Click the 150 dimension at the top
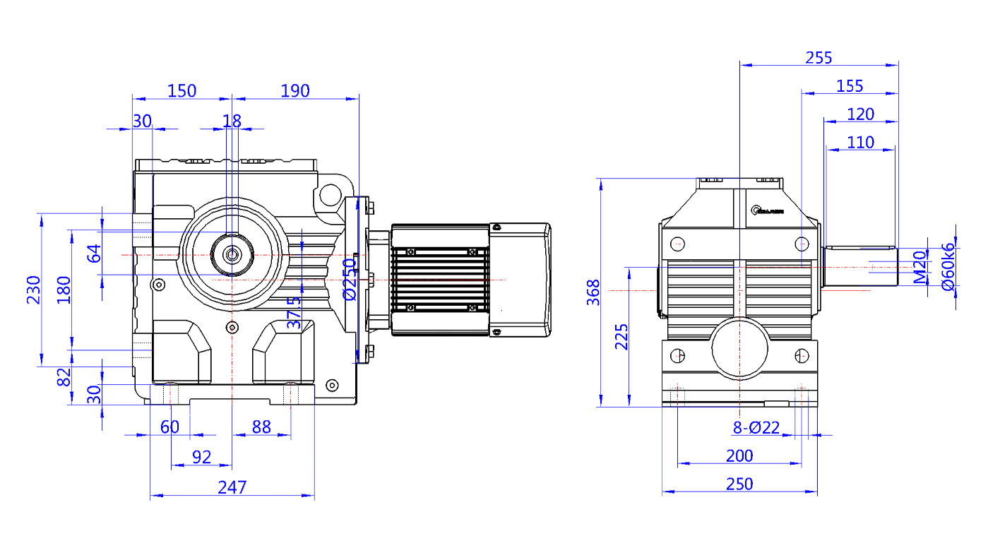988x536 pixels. coord(181,90)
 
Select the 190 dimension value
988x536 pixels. coord(295,90)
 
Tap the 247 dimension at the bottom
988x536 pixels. coord(232,487)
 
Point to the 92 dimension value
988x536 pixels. coord(201,457)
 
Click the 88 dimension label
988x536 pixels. coord(261,427)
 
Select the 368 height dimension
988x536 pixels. coord(593,292)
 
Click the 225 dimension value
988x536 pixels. coord(621,337)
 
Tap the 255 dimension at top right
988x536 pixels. coord(819,57)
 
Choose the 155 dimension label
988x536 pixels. coord(850,85)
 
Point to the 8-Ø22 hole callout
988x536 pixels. coord(756,427)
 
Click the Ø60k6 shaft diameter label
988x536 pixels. coord(948,266)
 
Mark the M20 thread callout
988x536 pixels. coord(919,267)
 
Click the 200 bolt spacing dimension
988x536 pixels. coord(739,456)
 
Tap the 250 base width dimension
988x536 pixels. coord(739,484)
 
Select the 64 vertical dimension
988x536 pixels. coord(93,253)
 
